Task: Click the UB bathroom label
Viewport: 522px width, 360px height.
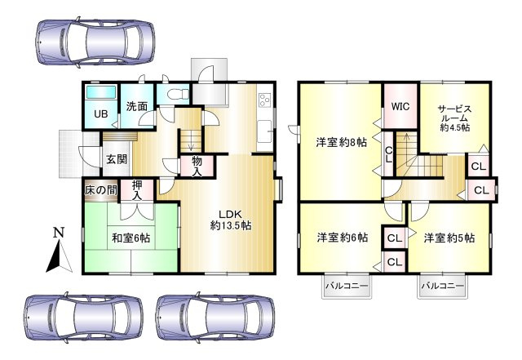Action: pyautogui.click(x=100, y=113)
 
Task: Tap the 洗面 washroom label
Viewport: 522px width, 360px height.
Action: pyautogui.click(x=136, y=106)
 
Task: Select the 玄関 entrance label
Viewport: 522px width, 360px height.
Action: pyautogui.click(x=115, y=159)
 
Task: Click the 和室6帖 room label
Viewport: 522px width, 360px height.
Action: pyautogui.click(x=130, y=238)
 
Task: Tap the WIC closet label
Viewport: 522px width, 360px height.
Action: pyautogui.click(x=400, y=106)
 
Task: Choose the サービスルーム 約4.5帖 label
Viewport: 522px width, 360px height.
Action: pyautogui.click(x=453, y=118)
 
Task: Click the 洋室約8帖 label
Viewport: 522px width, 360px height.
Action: pyautogui.click(x=341, y=142)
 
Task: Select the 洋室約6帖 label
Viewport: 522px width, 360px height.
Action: pyautogui.click(x=341, y=238)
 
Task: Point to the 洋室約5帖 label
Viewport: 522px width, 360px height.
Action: pyautogui.click(x=448, y=238)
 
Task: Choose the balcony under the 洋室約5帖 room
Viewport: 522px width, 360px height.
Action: pyautogui.click(x=443, y=287)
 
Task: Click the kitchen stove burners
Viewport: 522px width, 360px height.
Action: pyautogui.click(x=265, y=101)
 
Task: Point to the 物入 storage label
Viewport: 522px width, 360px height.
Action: pyautogui.click(x=197, y=167)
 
